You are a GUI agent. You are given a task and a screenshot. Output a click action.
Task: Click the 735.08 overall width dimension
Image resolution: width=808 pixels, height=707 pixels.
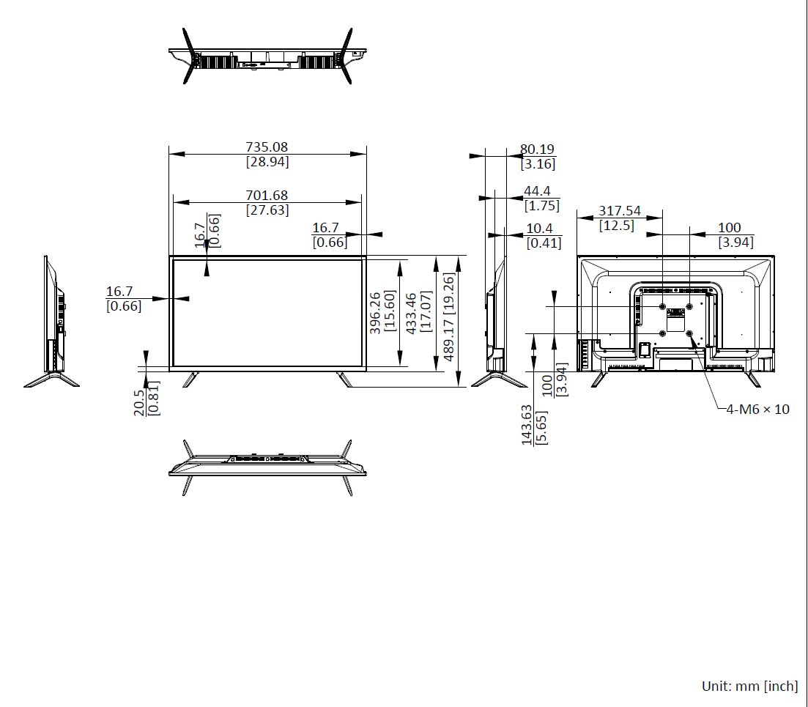[x=267, y=147]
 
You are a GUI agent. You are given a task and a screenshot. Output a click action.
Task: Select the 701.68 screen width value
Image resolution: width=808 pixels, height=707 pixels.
[x=267, y=196]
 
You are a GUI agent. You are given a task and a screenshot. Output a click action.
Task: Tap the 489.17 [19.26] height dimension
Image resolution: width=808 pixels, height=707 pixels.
[x=449, y=317]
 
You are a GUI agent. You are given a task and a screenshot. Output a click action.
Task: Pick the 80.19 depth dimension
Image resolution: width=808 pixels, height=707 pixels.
[x=537, y=149]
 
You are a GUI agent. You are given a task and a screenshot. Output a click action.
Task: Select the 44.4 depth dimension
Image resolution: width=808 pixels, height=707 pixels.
[x=537, y=191]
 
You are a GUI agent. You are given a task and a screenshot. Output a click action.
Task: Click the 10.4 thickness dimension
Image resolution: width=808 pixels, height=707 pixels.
[x=539, y=229]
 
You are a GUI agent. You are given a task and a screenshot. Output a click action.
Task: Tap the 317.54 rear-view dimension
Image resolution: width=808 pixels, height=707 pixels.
[x=620, y=211]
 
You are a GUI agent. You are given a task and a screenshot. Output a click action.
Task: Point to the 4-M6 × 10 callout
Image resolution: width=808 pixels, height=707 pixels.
[x=757, y=409]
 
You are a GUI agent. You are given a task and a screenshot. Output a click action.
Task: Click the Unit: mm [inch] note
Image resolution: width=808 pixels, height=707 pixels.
[x=750, y=686]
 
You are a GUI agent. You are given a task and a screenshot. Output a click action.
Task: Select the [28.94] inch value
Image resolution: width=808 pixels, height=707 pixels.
[x=267, y=162]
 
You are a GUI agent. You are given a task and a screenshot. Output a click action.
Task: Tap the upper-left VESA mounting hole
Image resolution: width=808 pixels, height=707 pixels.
[x=663, y=306]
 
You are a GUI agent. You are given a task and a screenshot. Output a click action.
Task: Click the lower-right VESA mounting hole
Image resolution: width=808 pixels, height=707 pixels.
[x=689, y=333]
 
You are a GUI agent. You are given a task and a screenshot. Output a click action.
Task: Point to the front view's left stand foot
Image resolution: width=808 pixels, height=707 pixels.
[x=190, y=380]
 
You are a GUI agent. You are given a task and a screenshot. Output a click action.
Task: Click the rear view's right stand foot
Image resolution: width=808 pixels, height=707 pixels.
[x=753, y=380]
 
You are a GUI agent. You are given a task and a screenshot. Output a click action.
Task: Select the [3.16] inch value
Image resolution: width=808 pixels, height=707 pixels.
[x=538, y=164]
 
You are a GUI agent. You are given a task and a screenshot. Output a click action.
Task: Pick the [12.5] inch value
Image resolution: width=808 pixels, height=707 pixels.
[x=617, y=226]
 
